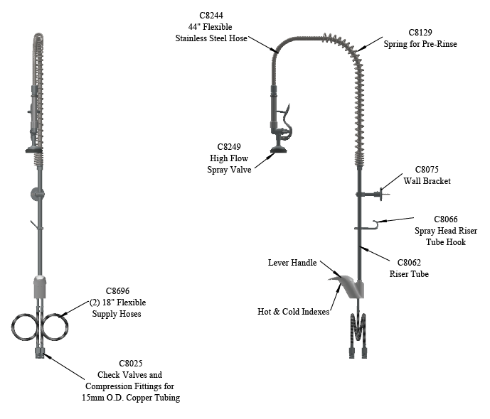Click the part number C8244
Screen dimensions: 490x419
pyautogui.click(x=211, y=16)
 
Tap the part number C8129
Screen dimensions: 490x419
pyautogui.click(x=420, y=33)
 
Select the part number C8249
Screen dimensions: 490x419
pyautogui.click(x=229, y=146)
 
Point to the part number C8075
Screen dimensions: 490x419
pyautogui.click(x=427, y=170)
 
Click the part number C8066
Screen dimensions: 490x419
pyautogui.click(x=446, y=219)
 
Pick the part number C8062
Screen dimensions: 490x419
pyautogui.click(x=409, y=262)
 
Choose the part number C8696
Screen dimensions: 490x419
pyautogui.click(x=117, y=290)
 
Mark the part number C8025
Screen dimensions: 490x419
pyautogui.click(x=131, y=363)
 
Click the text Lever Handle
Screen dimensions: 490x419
pyautogui.click(x=292, y=263)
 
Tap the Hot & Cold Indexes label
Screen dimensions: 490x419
pyautogui.click(x=293, y=311)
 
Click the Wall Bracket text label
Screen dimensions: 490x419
pyautogui.click(x=427, y=181)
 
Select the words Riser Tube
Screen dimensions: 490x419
pyautogui.click(x=409, y=274)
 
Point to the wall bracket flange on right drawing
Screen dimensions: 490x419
pyautogui.click(x=381, y=194)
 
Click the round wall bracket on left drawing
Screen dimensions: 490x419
pyautogui.click(x=37, y=195)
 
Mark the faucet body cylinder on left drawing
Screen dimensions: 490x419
pyautogui.click(x=40, y=287)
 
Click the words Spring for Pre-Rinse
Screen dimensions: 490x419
pyautogui.click(x=420, y=44)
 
